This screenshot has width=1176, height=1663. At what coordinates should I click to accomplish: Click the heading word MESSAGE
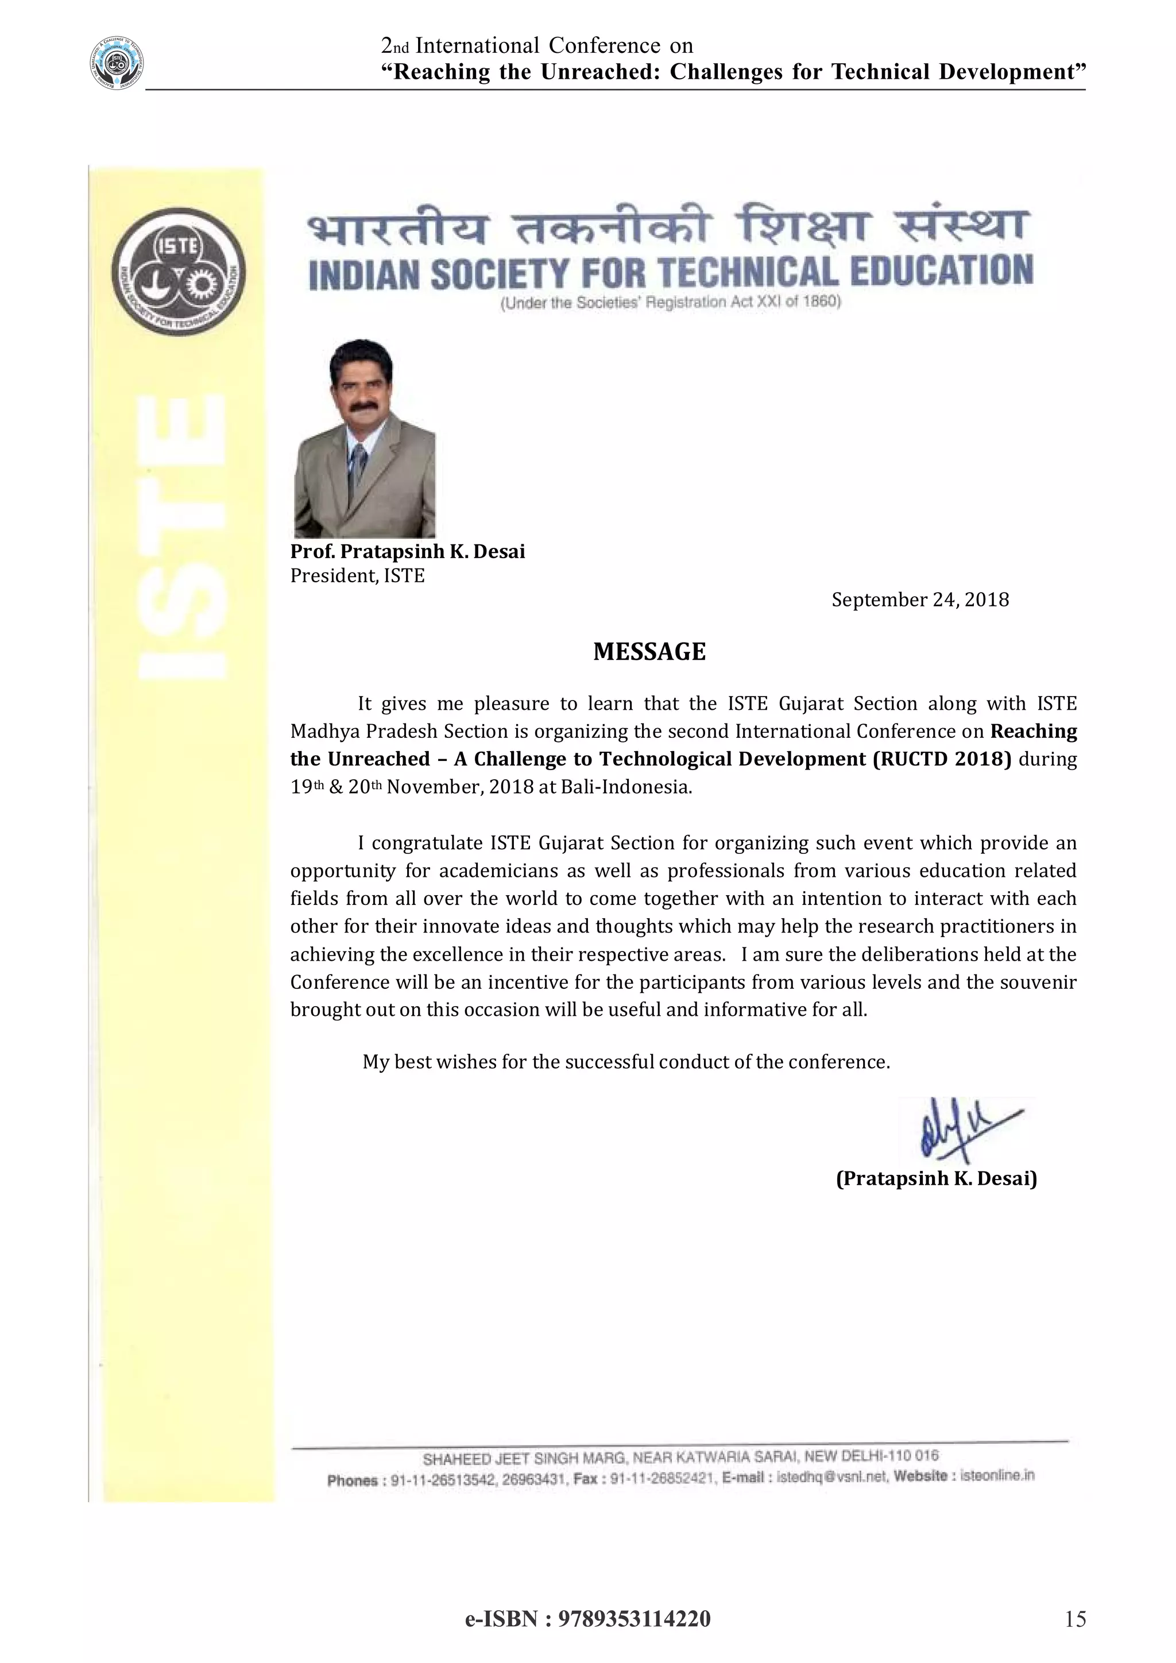649,652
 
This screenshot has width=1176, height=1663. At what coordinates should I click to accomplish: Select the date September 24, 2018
920,600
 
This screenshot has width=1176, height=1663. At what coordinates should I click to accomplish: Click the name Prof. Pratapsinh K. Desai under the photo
408,552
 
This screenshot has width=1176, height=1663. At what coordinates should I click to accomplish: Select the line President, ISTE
357,576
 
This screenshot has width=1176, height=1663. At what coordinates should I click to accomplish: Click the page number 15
1076,1619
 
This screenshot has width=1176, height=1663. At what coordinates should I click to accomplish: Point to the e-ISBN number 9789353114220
633,1619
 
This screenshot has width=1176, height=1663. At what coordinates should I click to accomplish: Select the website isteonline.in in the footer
996,1475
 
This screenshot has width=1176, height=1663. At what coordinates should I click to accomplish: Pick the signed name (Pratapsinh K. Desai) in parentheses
937,1178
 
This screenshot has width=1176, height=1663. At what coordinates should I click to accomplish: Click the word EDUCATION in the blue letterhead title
941,272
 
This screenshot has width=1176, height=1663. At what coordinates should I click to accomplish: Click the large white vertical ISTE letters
183,536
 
